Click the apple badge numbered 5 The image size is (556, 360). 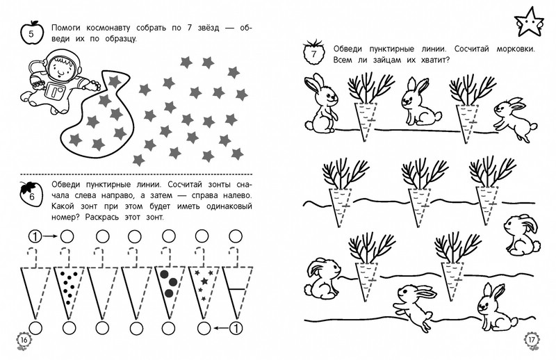31,33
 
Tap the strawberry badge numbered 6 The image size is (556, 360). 31,194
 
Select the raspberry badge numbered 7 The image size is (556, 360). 314,53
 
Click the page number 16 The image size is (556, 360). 24,341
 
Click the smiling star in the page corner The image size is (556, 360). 529,22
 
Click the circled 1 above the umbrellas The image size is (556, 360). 35,236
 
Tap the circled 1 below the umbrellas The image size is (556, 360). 236,329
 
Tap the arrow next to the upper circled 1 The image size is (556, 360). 50,236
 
